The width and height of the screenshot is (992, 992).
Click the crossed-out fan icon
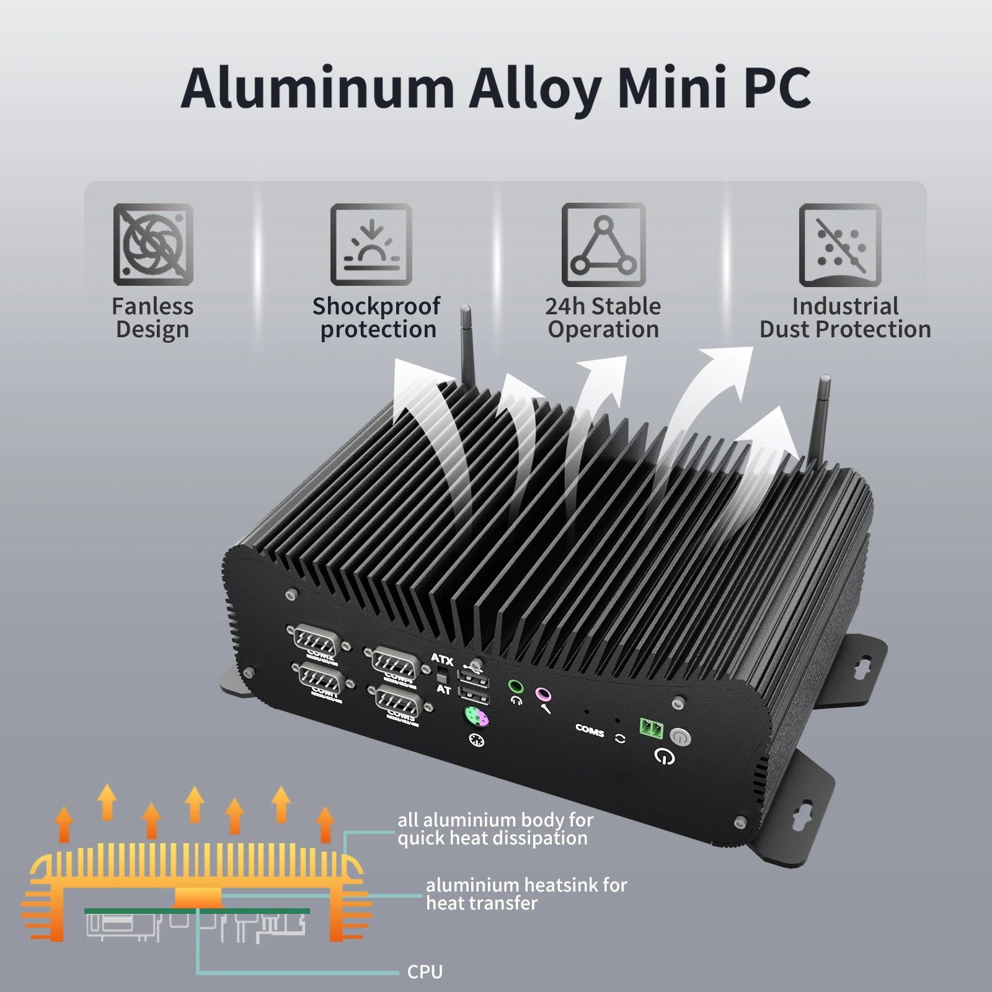click(153, 244)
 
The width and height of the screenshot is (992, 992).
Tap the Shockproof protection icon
click(371, 244)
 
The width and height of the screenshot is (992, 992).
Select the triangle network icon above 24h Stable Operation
click(603, 244)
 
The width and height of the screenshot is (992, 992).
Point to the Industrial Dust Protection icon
click(840, 244)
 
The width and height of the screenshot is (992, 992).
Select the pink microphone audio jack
click(543, 694)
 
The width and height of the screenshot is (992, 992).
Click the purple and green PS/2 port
click(476, 719)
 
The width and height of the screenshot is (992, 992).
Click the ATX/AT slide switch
click(443, 675)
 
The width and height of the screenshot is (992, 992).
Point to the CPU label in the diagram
click(425, 972)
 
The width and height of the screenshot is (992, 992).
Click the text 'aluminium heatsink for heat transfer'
click(526, 893)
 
